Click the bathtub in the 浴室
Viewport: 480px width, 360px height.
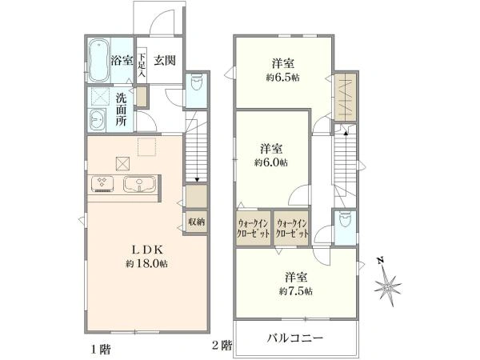[98, 60]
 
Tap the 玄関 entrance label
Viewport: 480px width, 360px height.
[165, 60]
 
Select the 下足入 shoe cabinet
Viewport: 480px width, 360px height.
[142, 66]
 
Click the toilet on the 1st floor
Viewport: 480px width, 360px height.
[196, 82]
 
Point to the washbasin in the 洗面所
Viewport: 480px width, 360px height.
[98, 120]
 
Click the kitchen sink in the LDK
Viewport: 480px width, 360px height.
[139, 185]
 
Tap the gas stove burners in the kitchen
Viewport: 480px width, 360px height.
[102, 184]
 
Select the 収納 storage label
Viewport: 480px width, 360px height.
[196, 222]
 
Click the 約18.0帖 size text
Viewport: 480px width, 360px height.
[146, 263]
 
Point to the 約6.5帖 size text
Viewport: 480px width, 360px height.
[283, 78]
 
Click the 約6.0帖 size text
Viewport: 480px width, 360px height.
[271, 162]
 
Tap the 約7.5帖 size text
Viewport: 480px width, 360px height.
[296, 291]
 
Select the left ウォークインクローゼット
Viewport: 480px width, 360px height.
[253, 228]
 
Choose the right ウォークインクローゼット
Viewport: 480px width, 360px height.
[292, 228]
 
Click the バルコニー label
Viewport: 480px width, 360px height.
[295, 338]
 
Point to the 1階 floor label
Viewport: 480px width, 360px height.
[102, 350]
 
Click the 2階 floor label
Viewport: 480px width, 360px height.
[222, 346]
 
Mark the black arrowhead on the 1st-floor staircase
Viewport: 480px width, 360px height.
[197, 180]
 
